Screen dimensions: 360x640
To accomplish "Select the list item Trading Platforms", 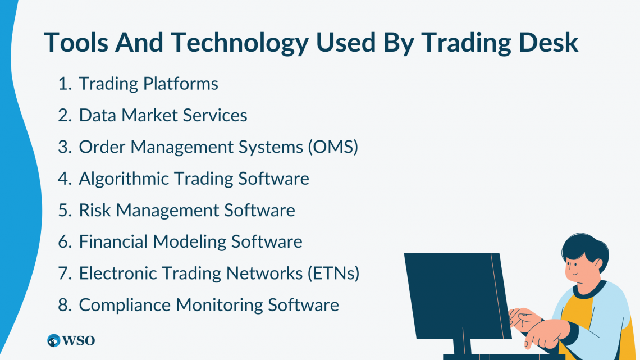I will pyautogui.click(x=148, y=84).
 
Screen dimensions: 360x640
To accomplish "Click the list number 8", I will pyautogui.click(x=63, y=305).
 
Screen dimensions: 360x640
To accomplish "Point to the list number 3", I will pyautogui.click(x=63, y=147).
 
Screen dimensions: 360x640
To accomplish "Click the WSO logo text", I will pyautogui.click(x=79, y=340).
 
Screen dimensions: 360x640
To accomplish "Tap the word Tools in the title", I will pyautogui.click(x=76, y=43).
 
